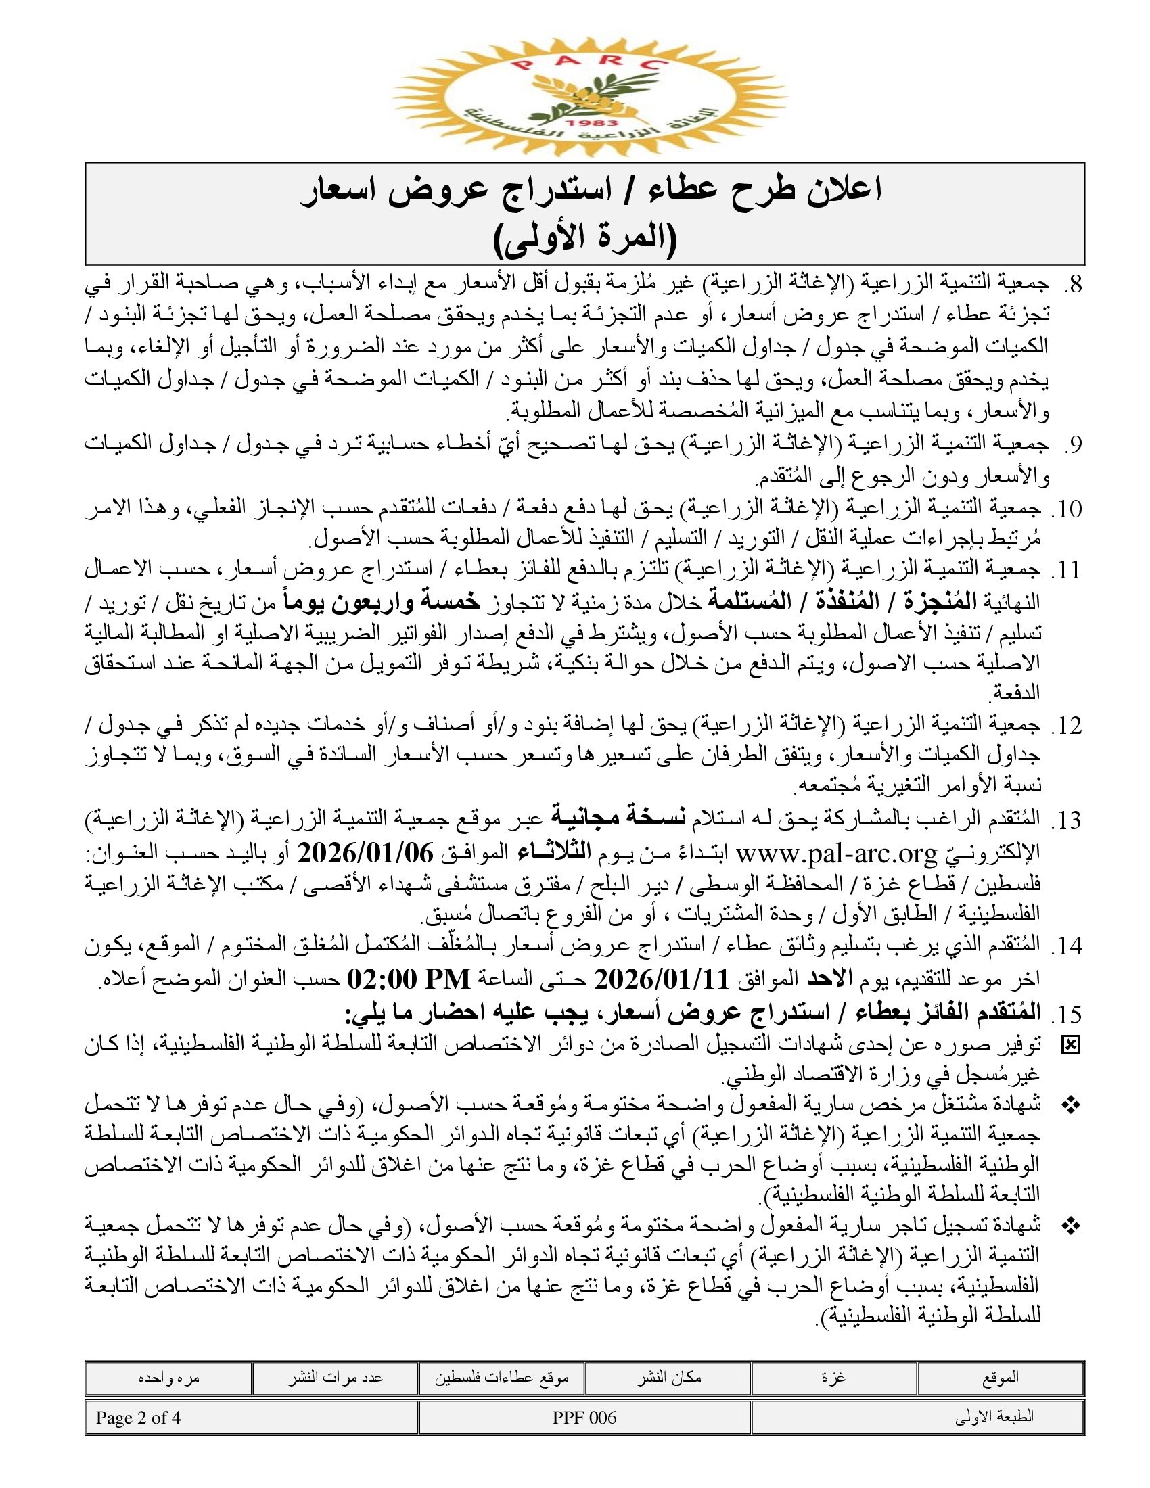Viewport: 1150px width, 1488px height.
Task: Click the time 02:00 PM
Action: point(409,980)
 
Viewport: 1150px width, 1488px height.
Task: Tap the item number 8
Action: point(1072,285)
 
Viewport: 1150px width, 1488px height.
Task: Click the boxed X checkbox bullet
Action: point(1071,1045)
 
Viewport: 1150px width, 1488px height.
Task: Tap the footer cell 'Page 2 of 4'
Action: point(138,1418)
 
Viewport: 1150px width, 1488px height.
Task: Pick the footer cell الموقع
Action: point(1000,1378)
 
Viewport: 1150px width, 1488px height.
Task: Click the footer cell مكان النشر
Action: point(668,1378)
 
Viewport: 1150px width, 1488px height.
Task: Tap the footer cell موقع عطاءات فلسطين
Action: point(501,1378)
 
